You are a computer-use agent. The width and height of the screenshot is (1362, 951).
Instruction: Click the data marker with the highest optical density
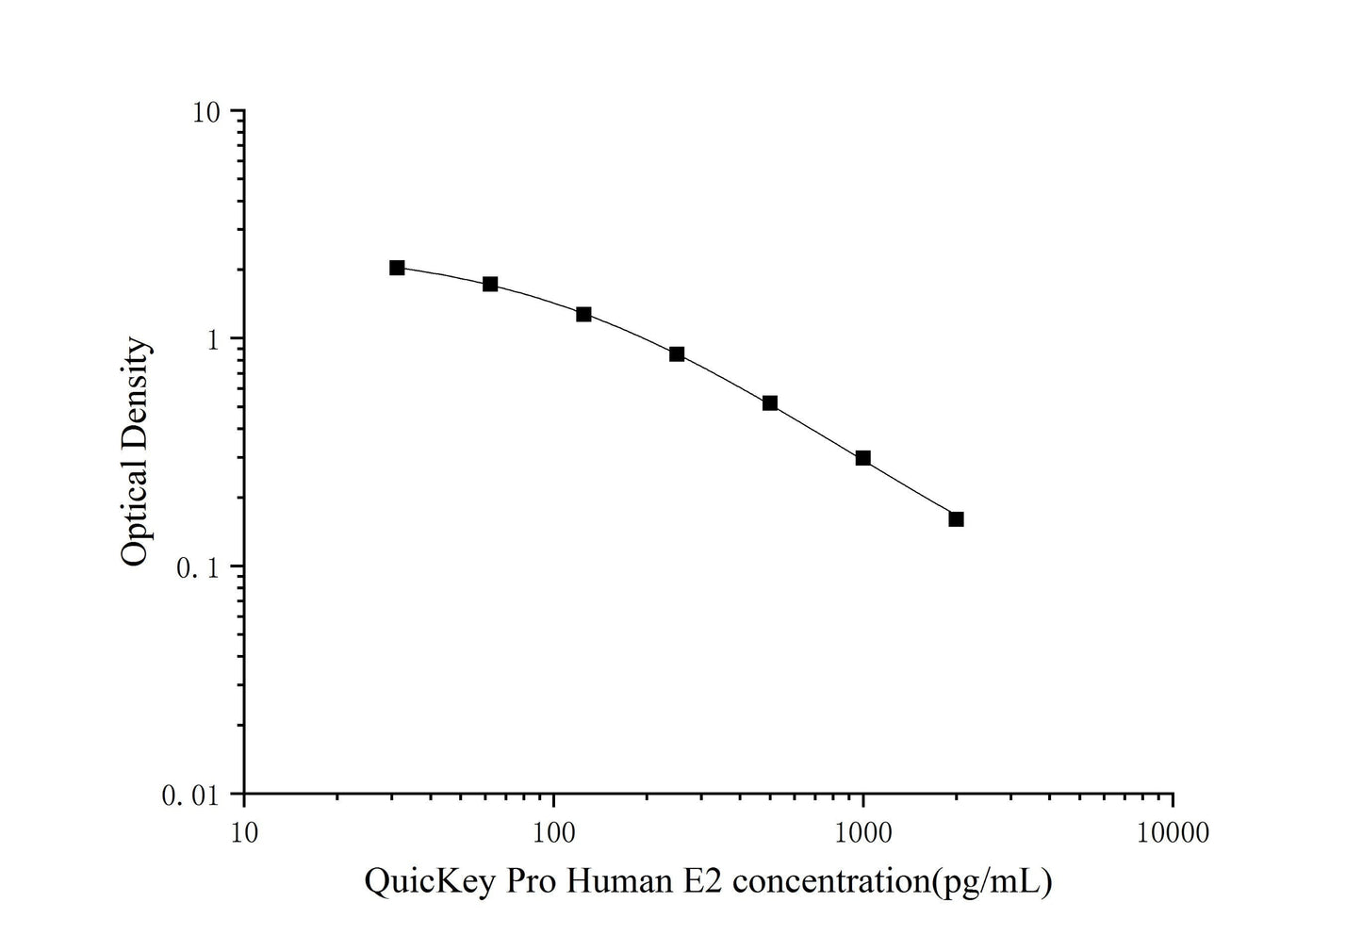point(397,268)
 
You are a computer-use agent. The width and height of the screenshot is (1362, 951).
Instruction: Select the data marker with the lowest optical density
point(956,519)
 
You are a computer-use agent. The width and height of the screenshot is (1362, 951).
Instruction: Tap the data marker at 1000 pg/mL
point(862,458)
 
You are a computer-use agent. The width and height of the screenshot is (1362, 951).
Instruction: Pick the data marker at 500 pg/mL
point(770,403)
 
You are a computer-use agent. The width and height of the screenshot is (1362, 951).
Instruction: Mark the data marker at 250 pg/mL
point(677,354)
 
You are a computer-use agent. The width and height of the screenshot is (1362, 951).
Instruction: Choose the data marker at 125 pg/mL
point(583,314)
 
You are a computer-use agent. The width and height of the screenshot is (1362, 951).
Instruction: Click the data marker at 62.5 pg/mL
point(490,284)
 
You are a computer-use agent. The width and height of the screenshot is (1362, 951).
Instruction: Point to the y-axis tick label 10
point(205,112)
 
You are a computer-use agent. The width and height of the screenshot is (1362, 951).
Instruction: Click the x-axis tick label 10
point(244,832)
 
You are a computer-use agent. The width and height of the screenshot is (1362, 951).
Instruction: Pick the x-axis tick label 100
point(554,832)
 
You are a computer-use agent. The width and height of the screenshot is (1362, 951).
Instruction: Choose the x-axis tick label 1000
point(863,832)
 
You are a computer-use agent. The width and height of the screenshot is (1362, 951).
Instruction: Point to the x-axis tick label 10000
point(1173,832)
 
